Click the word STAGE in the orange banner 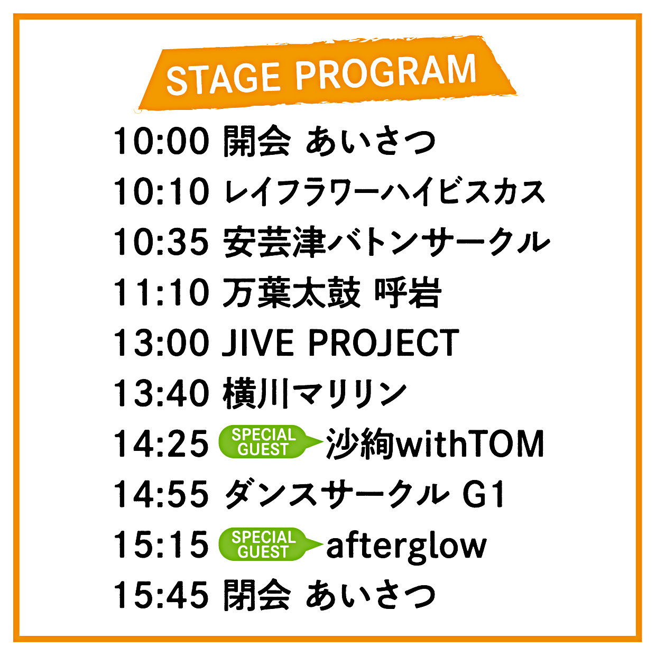point(223,79)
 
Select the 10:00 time point(161,141)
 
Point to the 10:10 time point(161,191)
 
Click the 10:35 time point(161,242)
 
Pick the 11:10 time point(161,292)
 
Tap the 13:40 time point(161,393)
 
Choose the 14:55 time point(161,494)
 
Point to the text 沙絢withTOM point(435,444)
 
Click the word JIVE point(258,343)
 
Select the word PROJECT point(384,343)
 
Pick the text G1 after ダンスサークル point(483,494)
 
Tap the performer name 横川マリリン point(315,393)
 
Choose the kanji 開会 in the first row point(257,141)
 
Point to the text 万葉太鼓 point(291,292)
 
